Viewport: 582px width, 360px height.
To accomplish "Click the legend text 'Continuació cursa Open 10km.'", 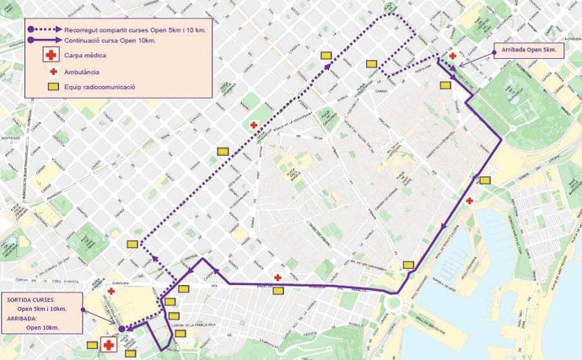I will pyautogui.click(x=114, y=39).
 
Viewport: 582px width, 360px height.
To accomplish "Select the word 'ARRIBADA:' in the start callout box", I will pyautogui.click(x=24, y=319).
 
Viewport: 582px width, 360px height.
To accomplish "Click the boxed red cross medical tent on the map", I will pyautogui.click(x=108, y=346).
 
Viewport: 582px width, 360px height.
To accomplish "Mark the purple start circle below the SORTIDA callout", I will pyautogui.click(x=121, y=329).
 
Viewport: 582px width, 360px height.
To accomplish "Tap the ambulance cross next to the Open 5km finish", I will pyautogui.click(x=453, y=56).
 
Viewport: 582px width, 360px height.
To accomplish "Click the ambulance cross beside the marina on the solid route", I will pyautogui.click(x=470, y=201).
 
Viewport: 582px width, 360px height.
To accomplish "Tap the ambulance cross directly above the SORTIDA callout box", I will pyautogui.click(x=111, y=290).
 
